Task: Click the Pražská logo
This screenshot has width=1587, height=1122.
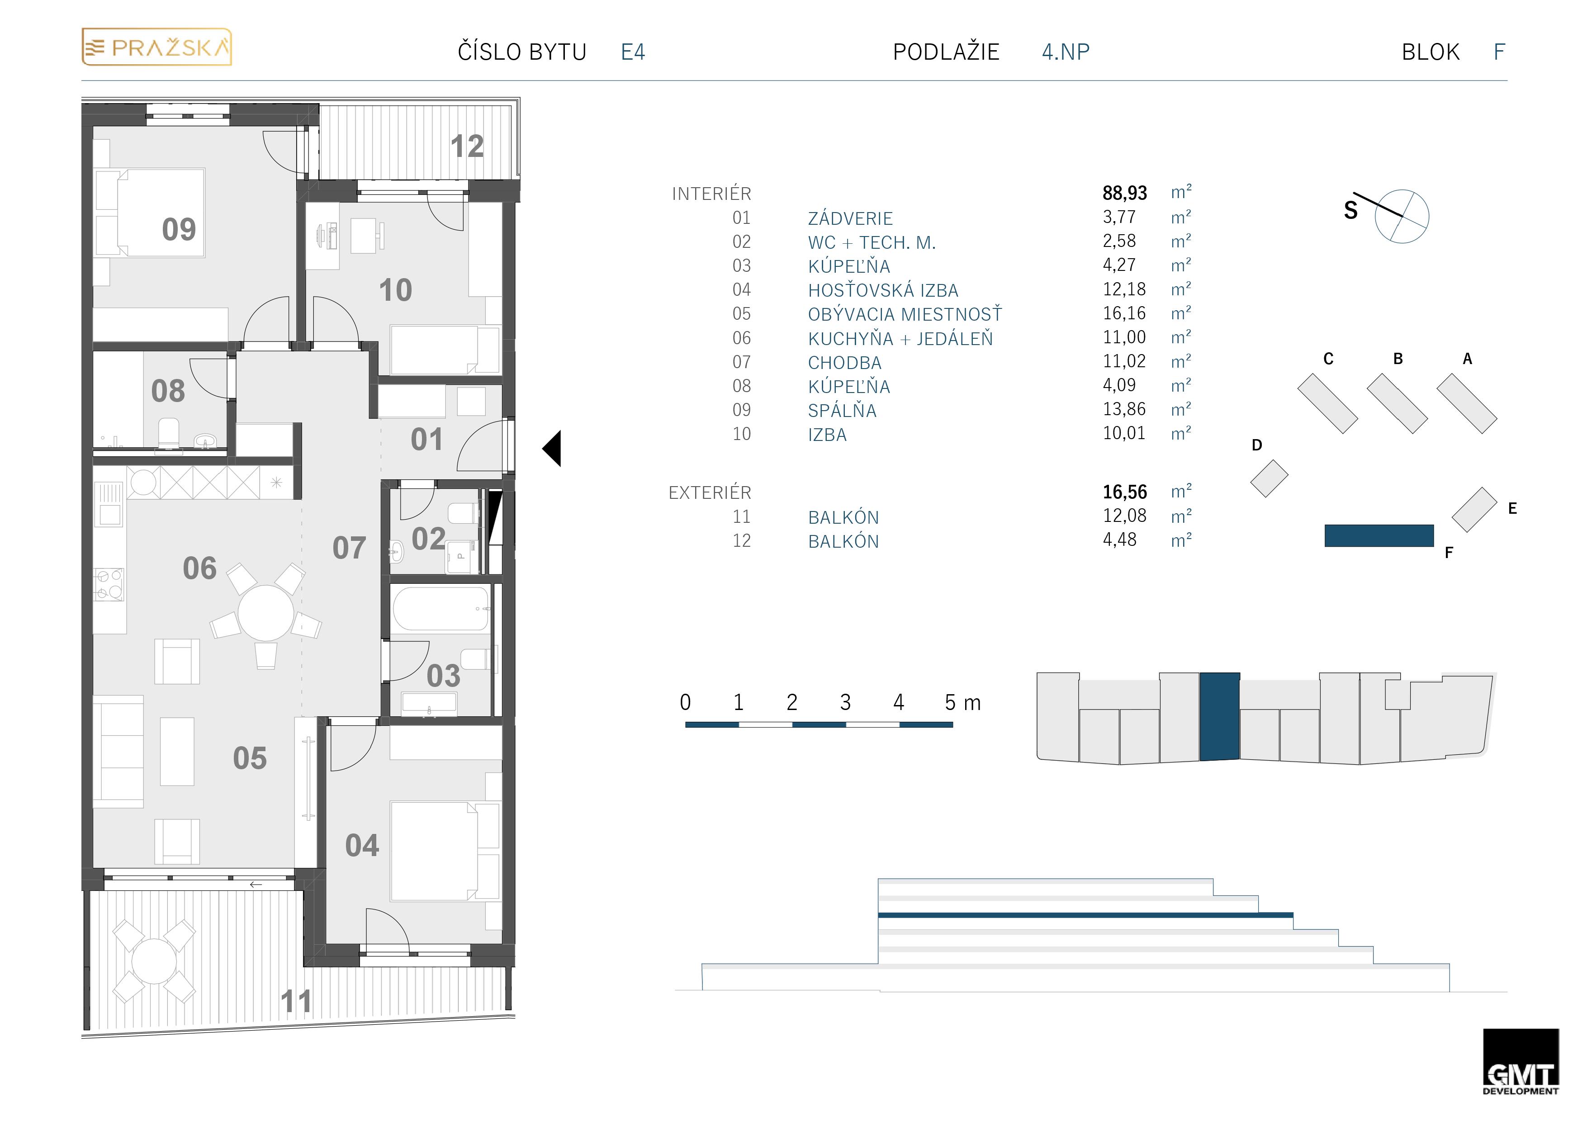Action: [157, 47]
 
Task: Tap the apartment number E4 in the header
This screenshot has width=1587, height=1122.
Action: [632, 52]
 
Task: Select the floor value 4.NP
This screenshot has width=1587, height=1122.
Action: [1065, 52]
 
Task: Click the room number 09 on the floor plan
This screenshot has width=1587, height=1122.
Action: [179, 230]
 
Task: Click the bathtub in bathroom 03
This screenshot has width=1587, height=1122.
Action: [441, 608]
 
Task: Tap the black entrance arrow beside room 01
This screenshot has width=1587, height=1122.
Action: [552, 448]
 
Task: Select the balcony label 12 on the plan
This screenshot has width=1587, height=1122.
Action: [467, 147]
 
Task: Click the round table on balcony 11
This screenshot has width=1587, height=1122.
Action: [154, 961]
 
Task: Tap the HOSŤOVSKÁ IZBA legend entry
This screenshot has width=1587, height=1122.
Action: [883, 290]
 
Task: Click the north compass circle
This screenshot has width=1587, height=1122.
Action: [1402, 216]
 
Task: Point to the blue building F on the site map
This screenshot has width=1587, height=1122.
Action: [1379, 536]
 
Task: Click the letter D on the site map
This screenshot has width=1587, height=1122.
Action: [1256, 445]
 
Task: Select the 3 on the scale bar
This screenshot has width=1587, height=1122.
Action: [845, 702]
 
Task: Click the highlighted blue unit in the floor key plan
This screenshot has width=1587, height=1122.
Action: [1220, 717]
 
